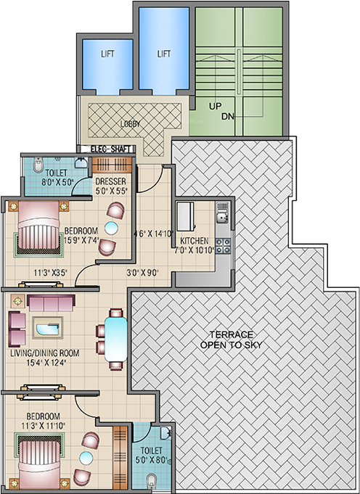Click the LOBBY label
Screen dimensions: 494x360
[x=131, y=123]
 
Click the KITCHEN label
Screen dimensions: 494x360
[x=195, y=241]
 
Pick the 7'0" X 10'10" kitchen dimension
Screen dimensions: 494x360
[x=195, y=250]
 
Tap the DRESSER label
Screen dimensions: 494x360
[x=111, y=181]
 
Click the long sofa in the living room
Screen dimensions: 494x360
[x=53, y=303]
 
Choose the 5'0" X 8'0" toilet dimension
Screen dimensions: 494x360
[x=152, y=460]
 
